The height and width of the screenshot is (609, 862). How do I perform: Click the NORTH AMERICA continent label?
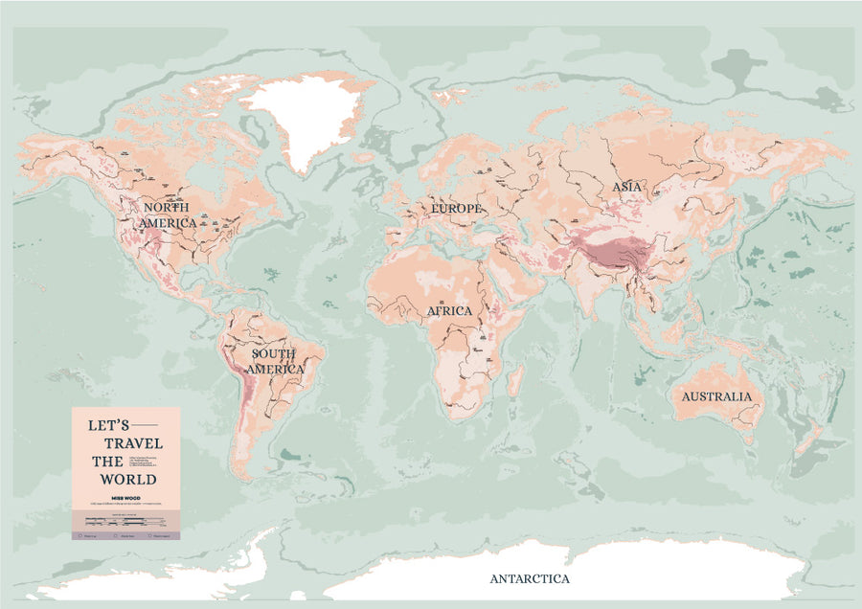[169, 214]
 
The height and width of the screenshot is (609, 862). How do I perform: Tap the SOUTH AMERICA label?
[276, 361]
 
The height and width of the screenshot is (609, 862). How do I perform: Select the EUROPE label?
[456, 208]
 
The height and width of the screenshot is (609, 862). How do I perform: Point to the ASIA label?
[626, 188]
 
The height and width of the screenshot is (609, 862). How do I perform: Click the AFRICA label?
[450, 311]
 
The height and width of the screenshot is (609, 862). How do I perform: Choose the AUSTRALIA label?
[716, 396]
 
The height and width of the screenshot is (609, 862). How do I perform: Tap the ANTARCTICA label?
[530, 578]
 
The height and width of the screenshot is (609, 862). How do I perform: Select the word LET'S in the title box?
[107, 424]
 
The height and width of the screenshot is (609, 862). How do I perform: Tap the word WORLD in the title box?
[132, 479]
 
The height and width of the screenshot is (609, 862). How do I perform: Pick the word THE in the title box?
[107, 461]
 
